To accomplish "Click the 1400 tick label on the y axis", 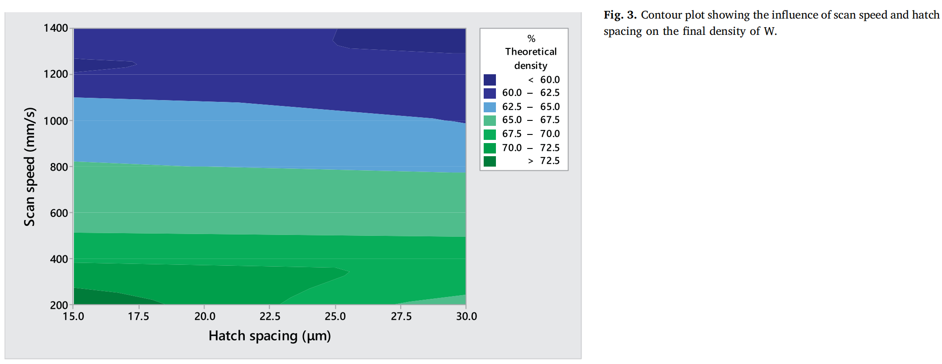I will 55,28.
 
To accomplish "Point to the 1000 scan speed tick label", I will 55,121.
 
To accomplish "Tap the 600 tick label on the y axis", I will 58,213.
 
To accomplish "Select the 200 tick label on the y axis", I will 58,305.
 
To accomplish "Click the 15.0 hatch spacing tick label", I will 73,316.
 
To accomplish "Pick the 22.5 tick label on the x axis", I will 270,316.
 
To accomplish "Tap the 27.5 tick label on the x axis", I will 401,316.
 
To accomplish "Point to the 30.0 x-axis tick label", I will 466,316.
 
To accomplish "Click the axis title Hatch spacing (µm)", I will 270,336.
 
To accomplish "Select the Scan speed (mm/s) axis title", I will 29,167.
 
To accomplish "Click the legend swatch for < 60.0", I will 490,80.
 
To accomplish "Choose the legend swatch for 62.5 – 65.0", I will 490,107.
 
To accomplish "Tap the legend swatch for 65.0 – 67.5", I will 490,120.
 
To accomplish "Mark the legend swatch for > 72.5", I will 490,161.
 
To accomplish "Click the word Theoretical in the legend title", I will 531,52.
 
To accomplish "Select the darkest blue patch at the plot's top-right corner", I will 408,40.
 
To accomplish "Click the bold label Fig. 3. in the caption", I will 620,15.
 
